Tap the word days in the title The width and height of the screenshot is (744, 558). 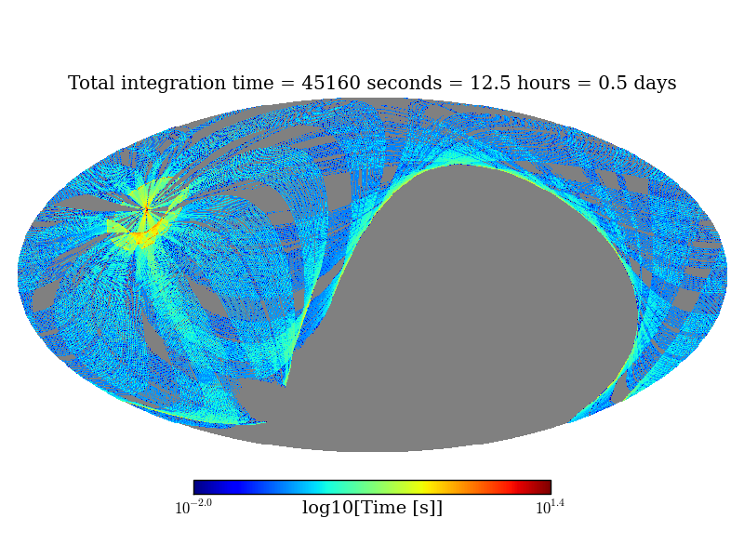[x=655, y=85]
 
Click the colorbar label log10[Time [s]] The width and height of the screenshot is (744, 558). [x=372, y=508]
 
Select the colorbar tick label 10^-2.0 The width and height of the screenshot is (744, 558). [x=193, y=507]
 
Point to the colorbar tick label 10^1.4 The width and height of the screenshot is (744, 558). [x=550, y=507]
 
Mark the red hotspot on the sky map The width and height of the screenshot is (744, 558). [x=145, y=211]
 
